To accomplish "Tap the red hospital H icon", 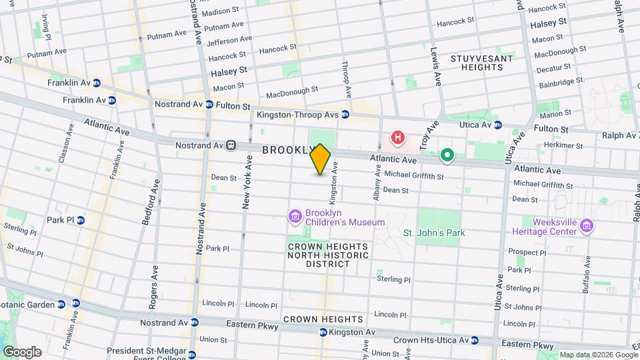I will point(398,139).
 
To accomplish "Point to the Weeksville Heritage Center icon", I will point(587,226).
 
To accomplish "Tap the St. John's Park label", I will point(434,233).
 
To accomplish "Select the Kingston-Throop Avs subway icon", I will point(345,115).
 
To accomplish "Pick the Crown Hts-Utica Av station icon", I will point(475,340).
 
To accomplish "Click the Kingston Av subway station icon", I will point(323,332).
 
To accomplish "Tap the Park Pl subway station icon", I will point(81,220).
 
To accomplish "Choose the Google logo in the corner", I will point(22,351).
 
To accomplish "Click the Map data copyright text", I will point(598,355).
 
